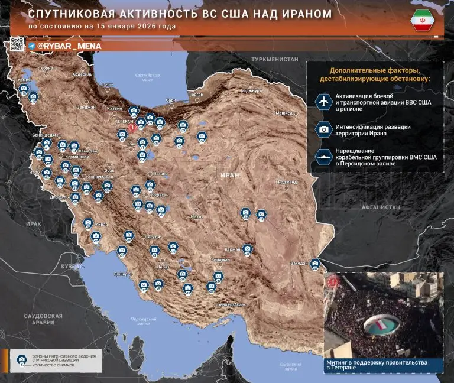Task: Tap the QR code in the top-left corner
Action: [17, 44]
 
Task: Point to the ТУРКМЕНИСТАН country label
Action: [274, 60]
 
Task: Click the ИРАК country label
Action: [34, 225]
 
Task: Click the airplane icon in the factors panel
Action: [323, 102]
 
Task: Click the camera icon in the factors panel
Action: [323, 129]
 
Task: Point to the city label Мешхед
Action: [284, 113]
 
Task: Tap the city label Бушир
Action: [121, 275]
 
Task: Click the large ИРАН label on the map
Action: [228, 176]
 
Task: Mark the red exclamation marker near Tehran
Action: [133, 126]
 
